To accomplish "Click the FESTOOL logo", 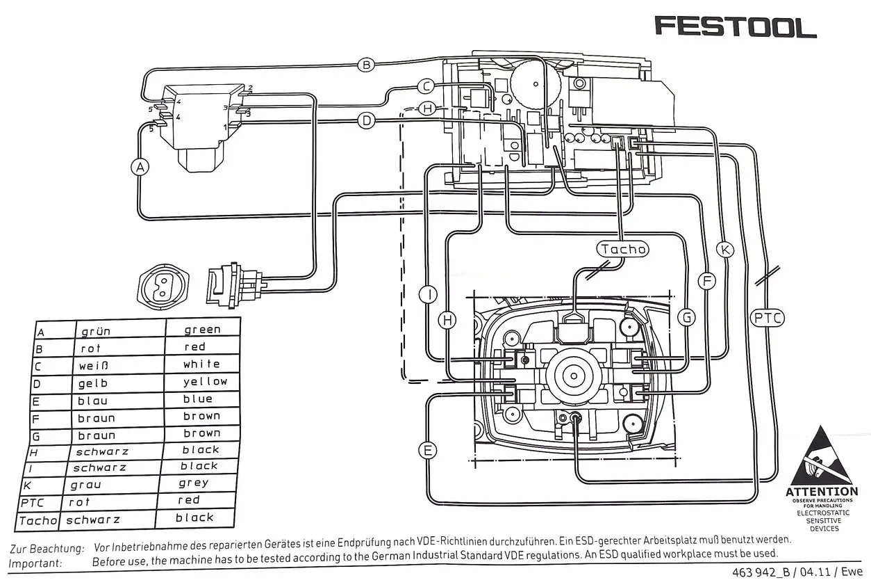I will (x=736, y=27).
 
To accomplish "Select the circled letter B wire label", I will (x=367, y=65).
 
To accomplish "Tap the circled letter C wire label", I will (x=426, y=86).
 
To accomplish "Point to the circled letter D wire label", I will (x=367, y=120).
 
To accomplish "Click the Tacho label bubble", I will (x=623, y=249).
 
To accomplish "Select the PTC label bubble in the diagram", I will (x=768, y=319).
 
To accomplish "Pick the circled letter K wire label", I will (x=724, y=250).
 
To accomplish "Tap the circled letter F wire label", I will (x=706, y=281).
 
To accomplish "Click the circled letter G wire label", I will (x=686, y=318).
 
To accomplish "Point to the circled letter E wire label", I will (x=429, y=450).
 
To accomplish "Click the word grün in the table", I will (x=96, y=332).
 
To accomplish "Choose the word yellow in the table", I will (x=205, y=381).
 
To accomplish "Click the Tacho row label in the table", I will (x=38, y=520).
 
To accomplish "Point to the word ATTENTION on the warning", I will (x=822, y=492).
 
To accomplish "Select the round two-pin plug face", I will (x=165, y=286).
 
